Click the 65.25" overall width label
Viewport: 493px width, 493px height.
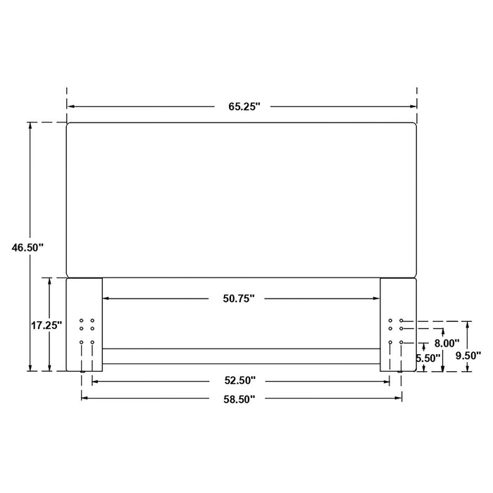[x=244, y=107]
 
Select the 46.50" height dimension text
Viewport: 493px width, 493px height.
[x=27, y=247]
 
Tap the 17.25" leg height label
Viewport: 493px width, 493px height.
[x=46, y=325]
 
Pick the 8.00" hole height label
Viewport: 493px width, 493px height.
[x=447, y=344]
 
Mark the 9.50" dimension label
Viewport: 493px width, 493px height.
[x=468, y=355]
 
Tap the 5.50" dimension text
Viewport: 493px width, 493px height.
[x=428, y=358]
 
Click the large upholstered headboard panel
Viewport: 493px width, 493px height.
[x=242, y=199]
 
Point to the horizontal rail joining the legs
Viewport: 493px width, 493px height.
[x=242, y=356]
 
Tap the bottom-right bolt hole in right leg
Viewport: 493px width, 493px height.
[x=401, y=342]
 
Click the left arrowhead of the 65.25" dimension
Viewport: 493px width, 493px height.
[x=70, y=106]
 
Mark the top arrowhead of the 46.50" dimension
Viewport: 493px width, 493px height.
[x=30, y=125]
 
